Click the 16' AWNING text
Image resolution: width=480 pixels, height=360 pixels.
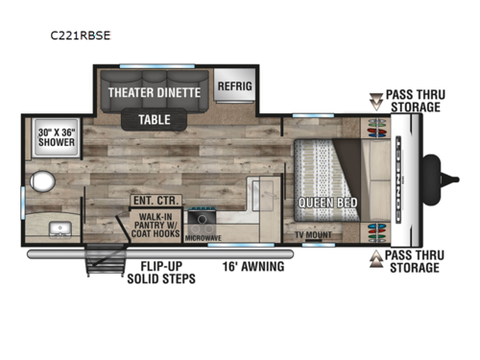[x=252, y=266]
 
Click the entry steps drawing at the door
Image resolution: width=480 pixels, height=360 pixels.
[x=106, y=262]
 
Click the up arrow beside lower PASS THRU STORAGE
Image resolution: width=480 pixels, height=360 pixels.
[x=374, y=257]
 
